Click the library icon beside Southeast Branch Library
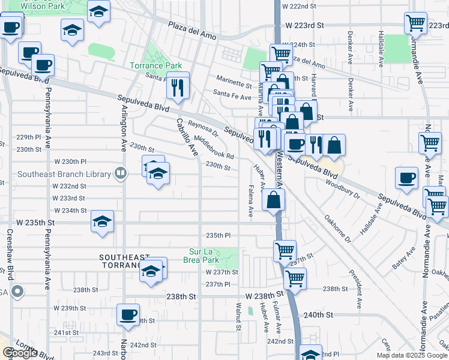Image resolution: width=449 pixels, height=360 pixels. (x=121, y=174)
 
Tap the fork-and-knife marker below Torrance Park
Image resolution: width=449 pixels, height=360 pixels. (x=178, y=87)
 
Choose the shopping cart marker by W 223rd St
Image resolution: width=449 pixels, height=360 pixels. (x=415, y=24)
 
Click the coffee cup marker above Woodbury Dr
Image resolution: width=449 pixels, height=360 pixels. (x=406, y=178)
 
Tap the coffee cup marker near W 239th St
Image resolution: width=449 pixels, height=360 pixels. (x=128, y=314)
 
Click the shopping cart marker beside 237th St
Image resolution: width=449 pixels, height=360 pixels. (x=285, y=250)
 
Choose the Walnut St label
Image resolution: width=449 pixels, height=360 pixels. (x=238, y=317)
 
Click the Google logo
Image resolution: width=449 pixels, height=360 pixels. (x=20, y=353)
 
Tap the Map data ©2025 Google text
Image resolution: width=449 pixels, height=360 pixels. (x=411, y=355)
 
